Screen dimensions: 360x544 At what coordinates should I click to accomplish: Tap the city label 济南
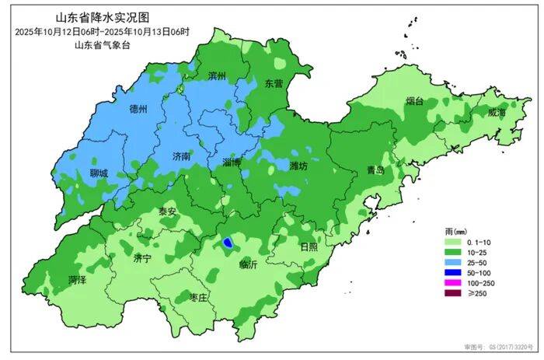[x=181, y=155]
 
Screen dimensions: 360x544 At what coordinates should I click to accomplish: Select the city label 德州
[x=138, y=108]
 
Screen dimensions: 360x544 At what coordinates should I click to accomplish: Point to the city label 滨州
[x=217, y=76]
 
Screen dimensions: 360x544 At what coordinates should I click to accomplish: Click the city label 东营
[x=274, y=83]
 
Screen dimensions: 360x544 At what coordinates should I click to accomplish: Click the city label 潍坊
[x=298, y=166]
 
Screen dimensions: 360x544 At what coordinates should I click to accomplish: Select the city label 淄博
[x=232, y=163]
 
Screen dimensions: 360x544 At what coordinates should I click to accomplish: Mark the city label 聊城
[x=99, y=173]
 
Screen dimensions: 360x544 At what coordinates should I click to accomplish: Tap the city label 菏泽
[x=76, y=279]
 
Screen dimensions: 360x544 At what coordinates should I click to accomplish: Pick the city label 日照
[x=309, y=247]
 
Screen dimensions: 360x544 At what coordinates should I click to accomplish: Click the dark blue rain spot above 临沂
[x=228, y=243]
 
